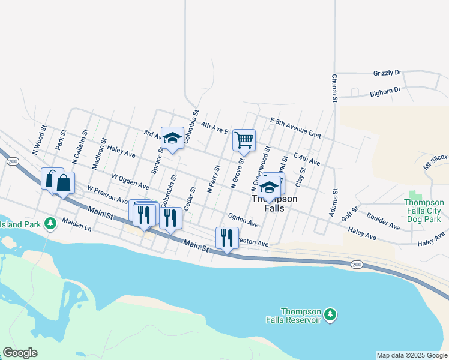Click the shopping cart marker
pyautogui.click(x=244, y=140)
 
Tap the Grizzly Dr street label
pyautogui.click(x=387, y=73)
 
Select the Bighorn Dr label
pyautogui.click(x=385, y=91)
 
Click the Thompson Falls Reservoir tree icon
pyautogui.click(x=330, y=314)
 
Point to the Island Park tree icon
pyautogui.click(x=51, y=224)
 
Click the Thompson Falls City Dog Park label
pyautogui.click(x=423, y=211)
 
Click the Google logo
pyautogui.click(x=20, y=353)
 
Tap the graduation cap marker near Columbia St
pyautogui.click(x=172, y=139)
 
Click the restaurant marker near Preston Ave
pyautogui.click(x=227, y=238)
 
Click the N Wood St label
pyautogui.click(x=39, y=139)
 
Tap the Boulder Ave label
pyautogui.click(x=382, y=223)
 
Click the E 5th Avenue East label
pyautogui.click(x=295, y=128)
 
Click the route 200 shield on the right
pyautogui.click(x=357, y=265)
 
